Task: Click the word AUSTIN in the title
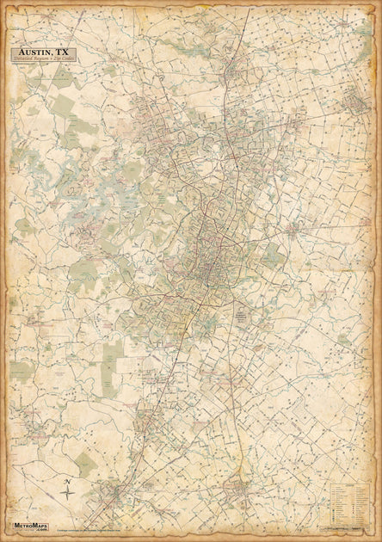34,51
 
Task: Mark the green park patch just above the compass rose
86,465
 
